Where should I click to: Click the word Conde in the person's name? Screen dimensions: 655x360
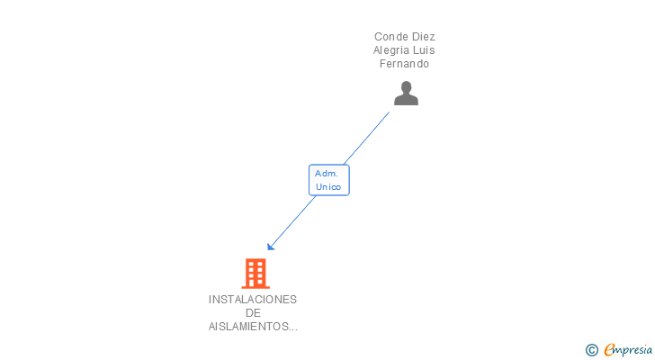click(391, 37)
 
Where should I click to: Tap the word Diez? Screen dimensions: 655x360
click(423, 37)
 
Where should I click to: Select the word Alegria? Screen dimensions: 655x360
click(393, 50)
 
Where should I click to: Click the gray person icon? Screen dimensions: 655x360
click(406, 94)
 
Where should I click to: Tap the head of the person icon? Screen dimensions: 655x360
click(406, 87)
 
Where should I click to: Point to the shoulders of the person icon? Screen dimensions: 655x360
click(406, 100)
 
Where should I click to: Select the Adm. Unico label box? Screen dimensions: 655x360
click(328, 180)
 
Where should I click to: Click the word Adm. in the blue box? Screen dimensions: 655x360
click(327, 173)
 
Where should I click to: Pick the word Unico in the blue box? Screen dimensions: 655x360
click(328, 187)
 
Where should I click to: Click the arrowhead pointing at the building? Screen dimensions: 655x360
click(270, 247)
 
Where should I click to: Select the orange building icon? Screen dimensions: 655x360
click(256, 273)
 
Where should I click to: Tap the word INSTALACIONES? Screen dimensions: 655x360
click(252, 300)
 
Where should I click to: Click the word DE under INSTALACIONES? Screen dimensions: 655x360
click(252, 313)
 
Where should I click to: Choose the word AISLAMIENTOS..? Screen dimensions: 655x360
click(249, 327)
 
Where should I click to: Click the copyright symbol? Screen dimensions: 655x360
click(591, 350)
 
